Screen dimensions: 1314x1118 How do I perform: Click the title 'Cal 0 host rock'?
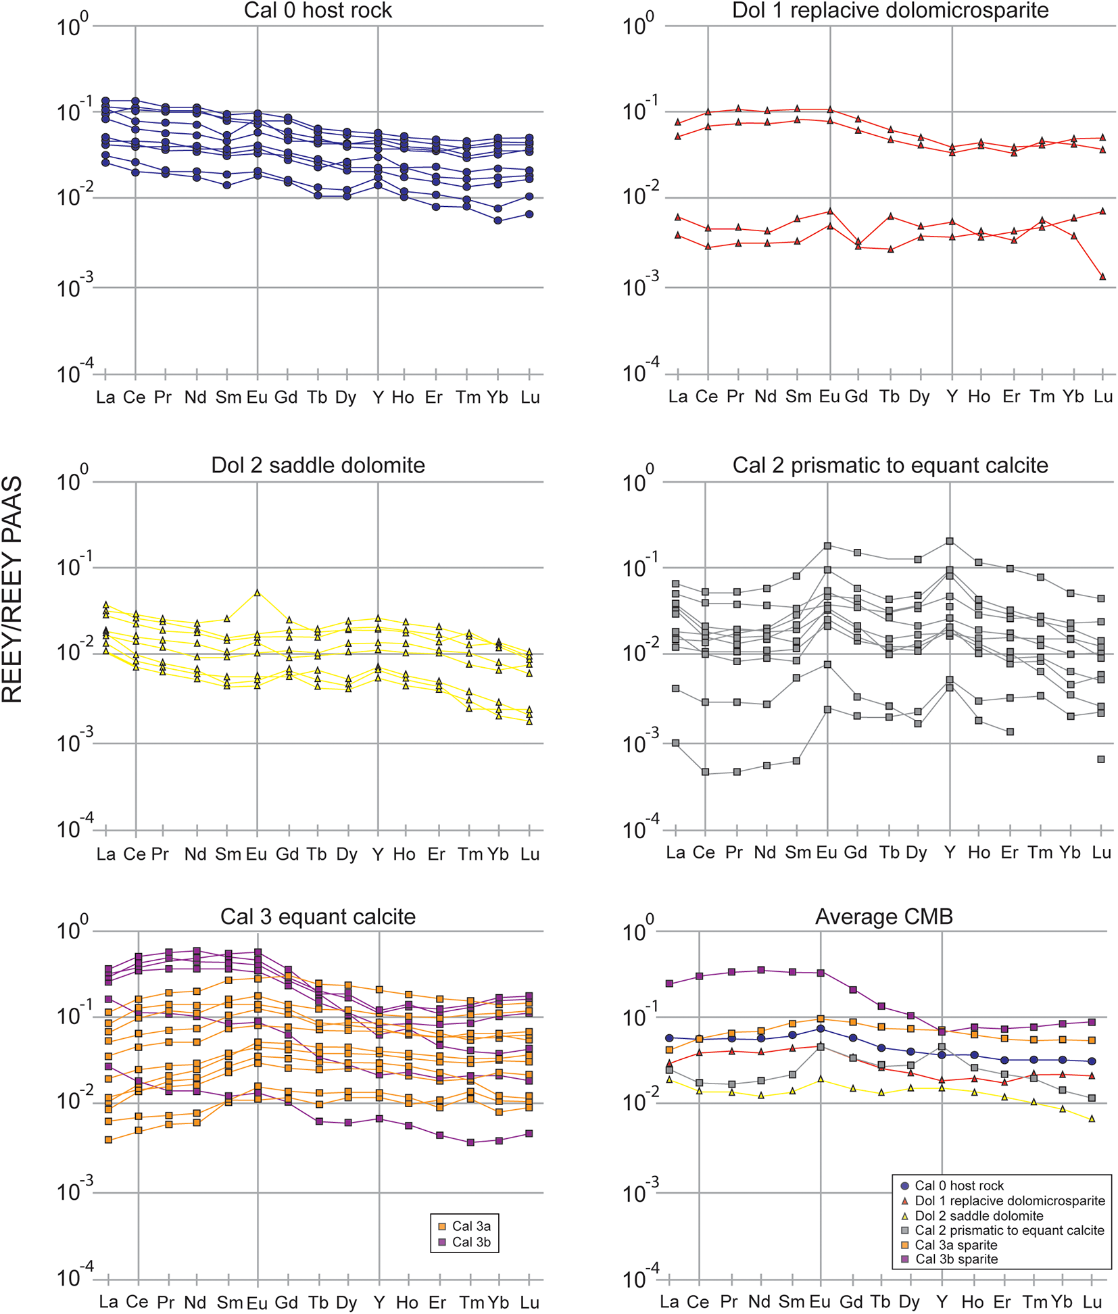[318, 11]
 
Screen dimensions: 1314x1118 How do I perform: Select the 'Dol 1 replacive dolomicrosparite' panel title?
[890, 11]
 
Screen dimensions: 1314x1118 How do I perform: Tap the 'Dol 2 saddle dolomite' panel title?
[318, 466]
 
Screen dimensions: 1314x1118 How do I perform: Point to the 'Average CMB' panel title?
[883, 917]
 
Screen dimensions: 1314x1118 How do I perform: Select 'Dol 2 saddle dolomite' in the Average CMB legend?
[979, 1216]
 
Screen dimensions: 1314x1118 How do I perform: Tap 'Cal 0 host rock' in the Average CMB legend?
[958, 1186]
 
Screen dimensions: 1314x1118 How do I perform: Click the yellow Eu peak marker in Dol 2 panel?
[257, 593]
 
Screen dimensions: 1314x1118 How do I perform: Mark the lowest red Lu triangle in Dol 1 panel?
[1102, 276]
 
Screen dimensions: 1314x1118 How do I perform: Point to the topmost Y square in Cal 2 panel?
[950, 541]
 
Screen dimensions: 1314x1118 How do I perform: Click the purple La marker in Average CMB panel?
[669, 983]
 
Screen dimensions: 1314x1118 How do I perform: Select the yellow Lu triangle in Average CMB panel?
[1092, 1119]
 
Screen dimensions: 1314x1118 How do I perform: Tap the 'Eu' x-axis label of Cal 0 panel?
[257, 397]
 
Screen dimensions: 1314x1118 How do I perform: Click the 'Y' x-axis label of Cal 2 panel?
[950, 853]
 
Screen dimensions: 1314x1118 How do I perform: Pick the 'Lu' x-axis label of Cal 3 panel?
[529, 1302]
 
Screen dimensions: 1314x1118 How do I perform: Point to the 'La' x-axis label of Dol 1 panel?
[677, 397]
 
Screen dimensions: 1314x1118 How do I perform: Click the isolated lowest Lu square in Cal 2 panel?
[1101, 759]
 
